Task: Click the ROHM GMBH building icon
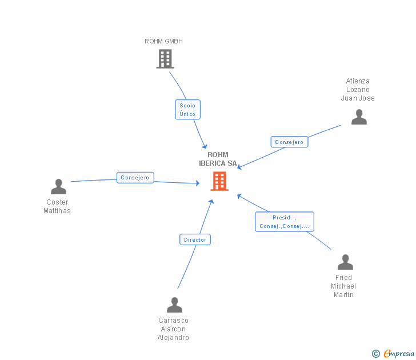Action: point(165,59)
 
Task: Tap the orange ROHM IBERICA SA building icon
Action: point(219,181)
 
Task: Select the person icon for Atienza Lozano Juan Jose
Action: point(359,117)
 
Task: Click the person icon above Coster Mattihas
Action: point(58,187)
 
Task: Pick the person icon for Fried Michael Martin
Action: point(345,262)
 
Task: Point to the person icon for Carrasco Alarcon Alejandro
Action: point(174,305)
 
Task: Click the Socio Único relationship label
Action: point(187,110)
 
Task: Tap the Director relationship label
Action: point(195,240)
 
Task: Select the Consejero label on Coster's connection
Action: point(135,178)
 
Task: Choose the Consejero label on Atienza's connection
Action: point(289,142)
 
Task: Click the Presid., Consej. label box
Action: point(284,222)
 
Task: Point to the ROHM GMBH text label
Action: point(163,41)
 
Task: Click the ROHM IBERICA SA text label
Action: point(218,159)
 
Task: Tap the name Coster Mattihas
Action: point(57,206)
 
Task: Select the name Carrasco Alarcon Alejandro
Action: point(173,329)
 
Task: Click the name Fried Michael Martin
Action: point(343,286)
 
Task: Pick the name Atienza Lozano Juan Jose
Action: point(358,90)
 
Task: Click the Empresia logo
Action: point(398,354)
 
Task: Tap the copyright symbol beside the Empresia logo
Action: point(376,354)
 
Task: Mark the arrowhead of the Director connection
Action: point(211,202)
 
